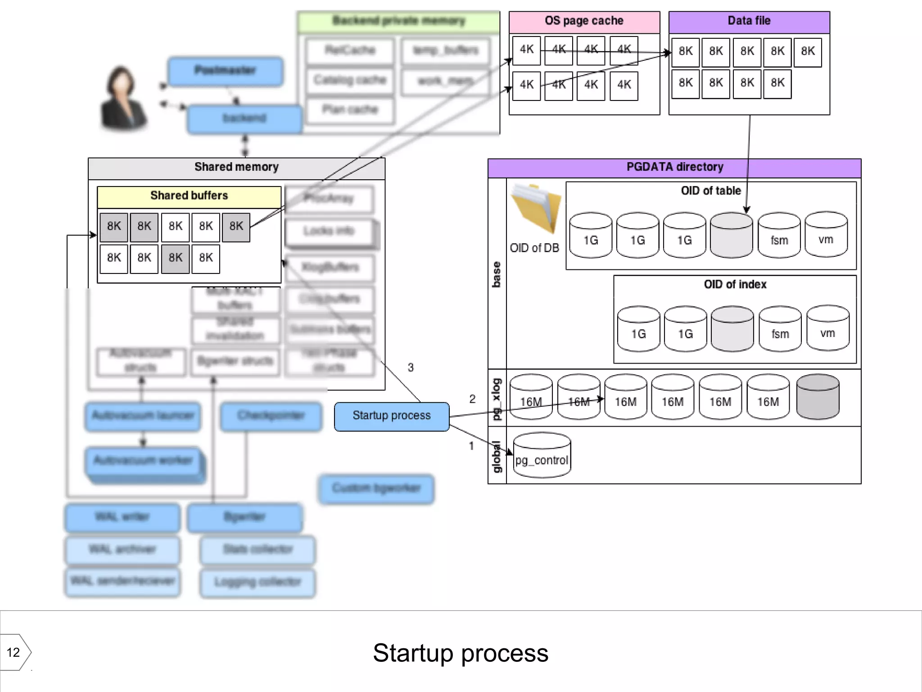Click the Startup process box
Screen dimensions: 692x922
point(391,416)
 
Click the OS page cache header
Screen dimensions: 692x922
point(584,21)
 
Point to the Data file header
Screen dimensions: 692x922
point(749,21)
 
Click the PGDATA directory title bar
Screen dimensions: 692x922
point(674,167)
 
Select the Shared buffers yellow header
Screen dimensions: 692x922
point(189,196)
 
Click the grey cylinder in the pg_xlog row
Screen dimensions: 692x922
point(818,397)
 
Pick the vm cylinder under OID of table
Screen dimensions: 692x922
point(826,235)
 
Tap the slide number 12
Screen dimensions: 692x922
point(14,652)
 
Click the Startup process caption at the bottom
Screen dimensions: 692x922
point(461,653)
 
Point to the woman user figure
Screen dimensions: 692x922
point(122,99)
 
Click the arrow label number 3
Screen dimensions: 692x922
point(411,368)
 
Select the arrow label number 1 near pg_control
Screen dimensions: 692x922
point(471,446)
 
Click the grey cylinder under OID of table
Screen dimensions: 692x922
point(731,236)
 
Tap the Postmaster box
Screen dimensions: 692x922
point(225,71)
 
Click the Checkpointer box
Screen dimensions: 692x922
point(271,416)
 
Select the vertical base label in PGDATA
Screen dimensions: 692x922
point(497,274)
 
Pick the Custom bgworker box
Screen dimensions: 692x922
point(376,488)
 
